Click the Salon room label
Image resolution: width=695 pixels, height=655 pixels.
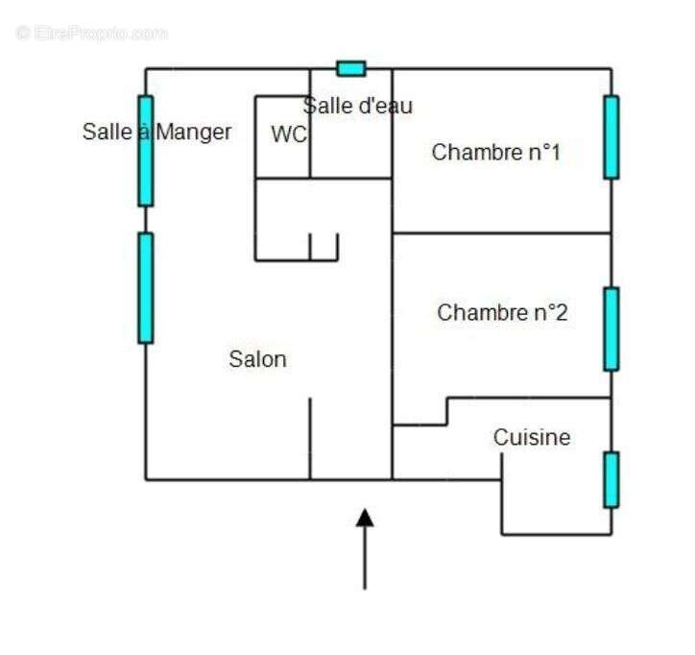click(257, 359)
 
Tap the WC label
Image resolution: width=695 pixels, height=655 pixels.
click(288, 134)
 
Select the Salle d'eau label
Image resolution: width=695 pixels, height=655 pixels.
click(358, 106)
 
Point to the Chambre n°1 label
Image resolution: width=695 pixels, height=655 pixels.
click(495, 152)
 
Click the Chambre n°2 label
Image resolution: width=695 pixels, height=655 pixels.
click(502, 312)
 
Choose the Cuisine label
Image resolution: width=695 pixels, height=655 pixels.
click(532, 438)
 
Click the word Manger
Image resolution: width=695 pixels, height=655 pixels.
click(193, 132)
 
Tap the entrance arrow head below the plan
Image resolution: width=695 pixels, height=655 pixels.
click(365, 519)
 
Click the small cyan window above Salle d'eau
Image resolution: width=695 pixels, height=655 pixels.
click(350, 68)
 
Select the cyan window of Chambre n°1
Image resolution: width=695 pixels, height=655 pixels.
click(611, 136)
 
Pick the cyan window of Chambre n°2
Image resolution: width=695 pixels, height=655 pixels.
click(611, 327)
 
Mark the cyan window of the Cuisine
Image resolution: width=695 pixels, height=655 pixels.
click(611, 478)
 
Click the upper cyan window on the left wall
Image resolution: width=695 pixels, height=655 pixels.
click(145, 151)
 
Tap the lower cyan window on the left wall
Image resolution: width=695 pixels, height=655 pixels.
click(145, 287)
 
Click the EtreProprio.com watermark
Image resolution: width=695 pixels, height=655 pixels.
click(91, 33)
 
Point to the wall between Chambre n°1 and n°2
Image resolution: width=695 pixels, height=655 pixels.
click(502, 232)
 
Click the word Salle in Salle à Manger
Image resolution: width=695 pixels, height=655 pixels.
click(107, 132)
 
